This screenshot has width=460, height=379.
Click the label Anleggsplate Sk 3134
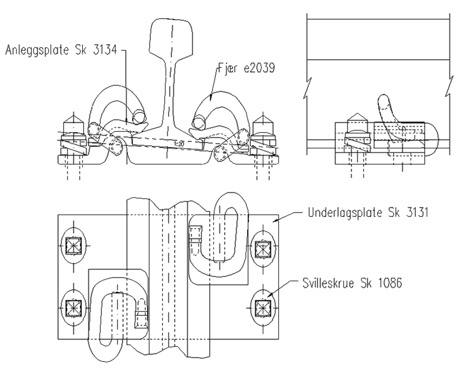pos(61,50)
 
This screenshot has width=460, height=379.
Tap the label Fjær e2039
pos(246,68)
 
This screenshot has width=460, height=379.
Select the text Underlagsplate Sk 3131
pos(368,213)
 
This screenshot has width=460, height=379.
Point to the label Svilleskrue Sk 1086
pos(352,283)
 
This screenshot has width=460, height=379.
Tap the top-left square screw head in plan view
pos(74,246)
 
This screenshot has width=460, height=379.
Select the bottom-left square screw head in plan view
pos(74,308)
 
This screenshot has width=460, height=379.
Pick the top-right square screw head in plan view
pos(263,249)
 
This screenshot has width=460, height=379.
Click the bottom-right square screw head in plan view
pos(263,308)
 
